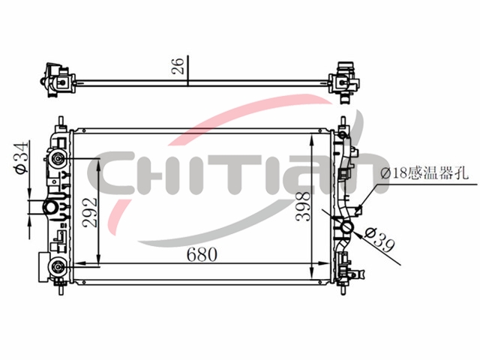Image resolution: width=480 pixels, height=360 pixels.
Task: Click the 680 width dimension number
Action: click(x=202, y=254)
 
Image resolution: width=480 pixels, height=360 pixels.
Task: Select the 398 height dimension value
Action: click(x=303, y=206)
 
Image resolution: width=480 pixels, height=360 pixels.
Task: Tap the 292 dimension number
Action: click(x=90, y=212)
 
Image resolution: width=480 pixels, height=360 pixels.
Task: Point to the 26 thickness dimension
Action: click(x=178, y=65)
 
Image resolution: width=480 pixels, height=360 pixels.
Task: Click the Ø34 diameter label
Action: click(x=22, y=157)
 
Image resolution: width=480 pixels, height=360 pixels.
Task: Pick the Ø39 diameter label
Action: click(x=379, y=241)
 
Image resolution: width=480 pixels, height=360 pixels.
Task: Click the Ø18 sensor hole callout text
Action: click(x=425, y=173)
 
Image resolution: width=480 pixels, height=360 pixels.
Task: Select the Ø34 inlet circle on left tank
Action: click(x=50, y=207)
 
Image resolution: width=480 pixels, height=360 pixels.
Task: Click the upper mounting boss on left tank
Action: click(x=58, y=158)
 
